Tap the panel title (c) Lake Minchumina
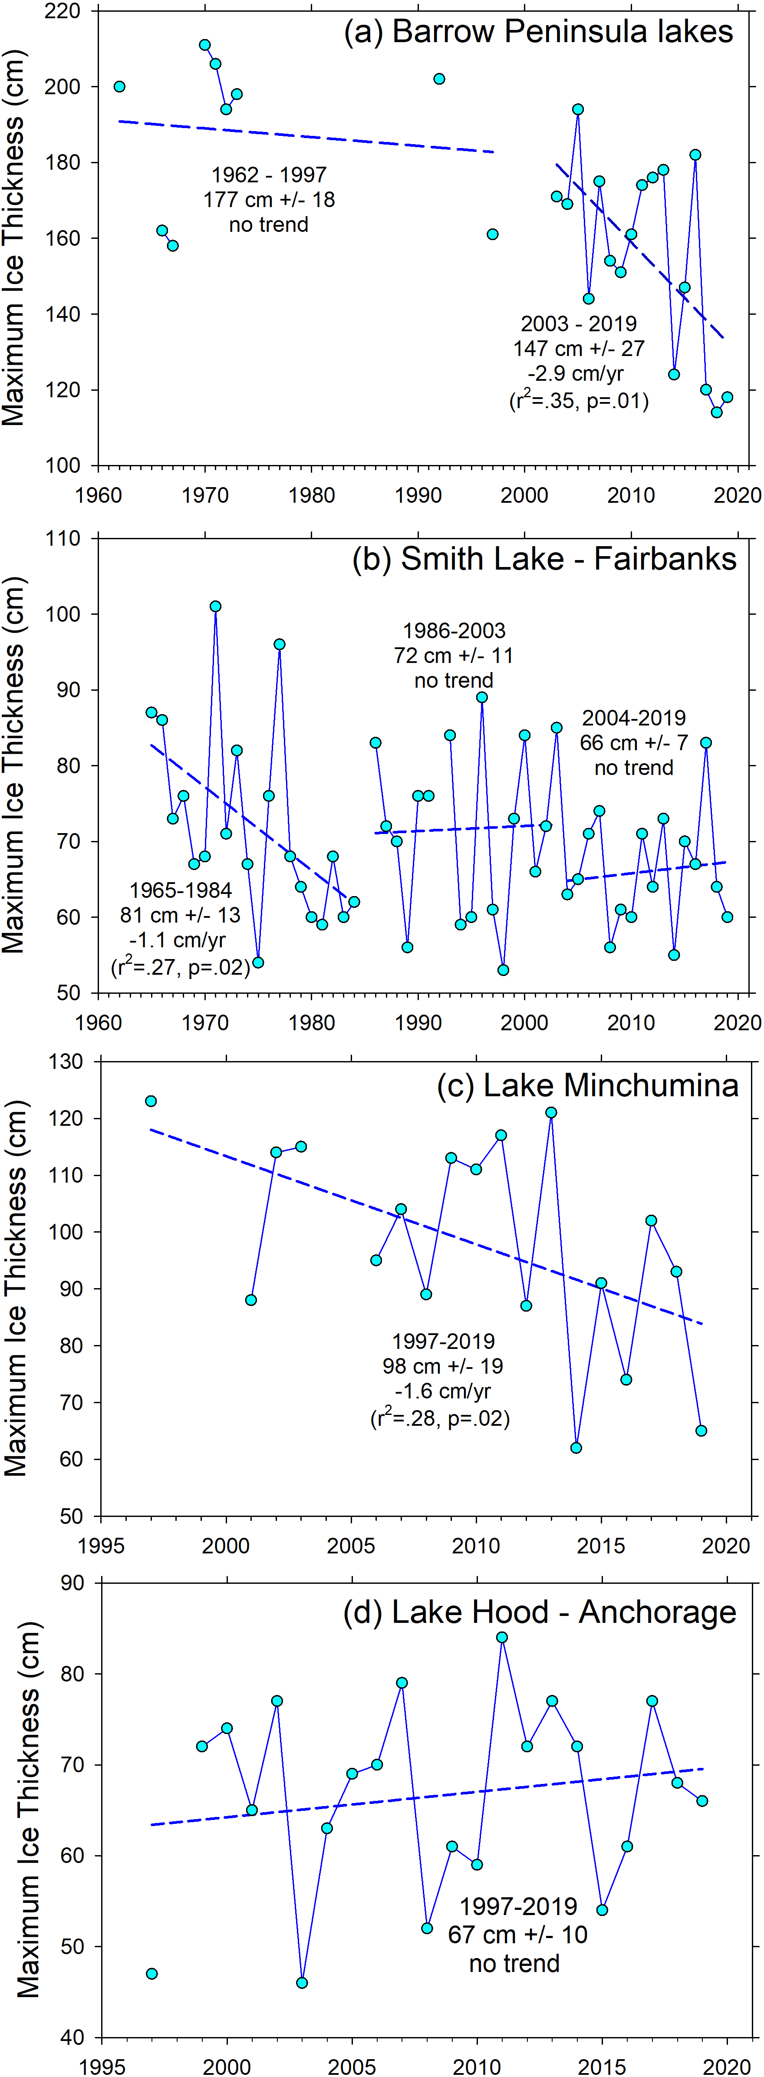coord(587,1085)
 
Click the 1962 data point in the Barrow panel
coord(119,86)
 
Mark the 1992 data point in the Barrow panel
coord(439,79)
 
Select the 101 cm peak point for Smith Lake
coord(215,607)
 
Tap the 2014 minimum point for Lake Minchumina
coord(576,1448)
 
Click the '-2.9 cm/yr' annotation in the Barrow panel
coord(576,373)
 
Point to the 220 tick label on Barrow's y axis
coord(63,11)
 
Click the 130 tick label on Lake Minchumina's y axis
coord(65,1062)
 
